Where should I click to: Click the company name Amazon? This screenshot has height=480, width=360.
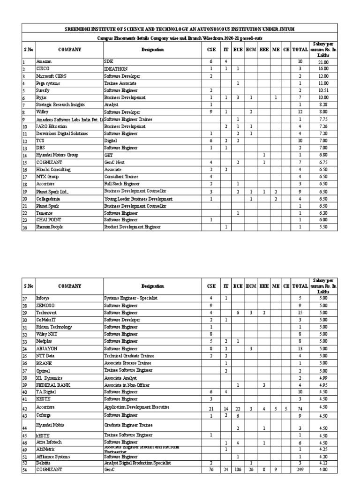coord(44,61)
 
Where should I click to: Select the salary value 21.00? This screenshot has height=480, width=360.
coord(323,61)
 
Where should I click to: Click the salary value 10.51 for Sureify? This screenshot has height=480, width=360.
coord(323,90)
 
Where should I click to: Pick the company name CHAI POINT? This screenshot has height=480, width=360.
coord(49,219)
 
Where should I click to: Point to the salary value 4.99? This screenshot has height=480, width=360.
coord(323,377)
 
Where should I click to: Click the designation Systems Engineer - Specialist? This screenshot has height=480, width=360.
coord(131,298)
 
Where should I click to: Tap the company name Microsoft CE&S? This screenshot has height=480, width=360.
coord(52,76)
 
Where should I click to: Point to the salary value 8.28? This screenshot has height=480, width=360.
coord(323,105)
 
